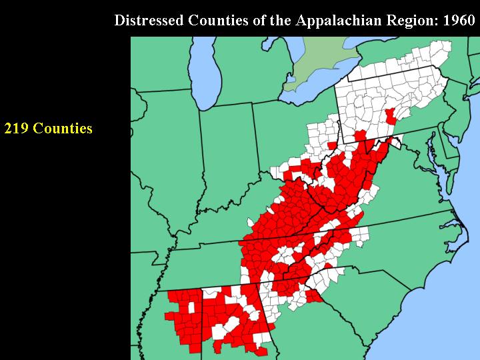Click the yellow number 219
coord(16,128)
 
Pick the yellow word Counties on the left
coord(63,128)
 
